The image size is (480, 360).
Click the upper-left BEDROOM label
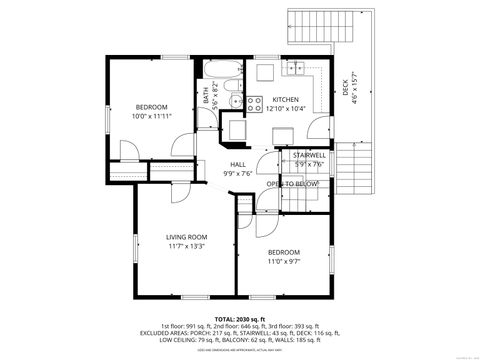point(152,107)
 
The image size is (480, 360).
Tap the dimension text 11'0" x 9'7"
point(284,262)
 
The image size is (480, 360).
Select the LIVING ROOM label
point(186,237)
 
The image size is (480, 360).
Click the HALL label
point(238,164)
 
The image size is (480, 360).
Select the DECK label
point(345,88)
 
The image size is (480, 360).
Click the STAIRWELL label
point(309,155)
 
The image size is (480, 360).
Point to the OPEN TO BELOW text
point(293,184)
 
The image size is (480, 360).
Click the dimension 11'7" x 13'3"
point(186,246)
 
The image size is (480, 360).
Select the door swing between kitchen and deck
point(320,129)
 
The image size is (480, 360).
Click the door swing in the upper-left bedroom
point(129,150)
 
